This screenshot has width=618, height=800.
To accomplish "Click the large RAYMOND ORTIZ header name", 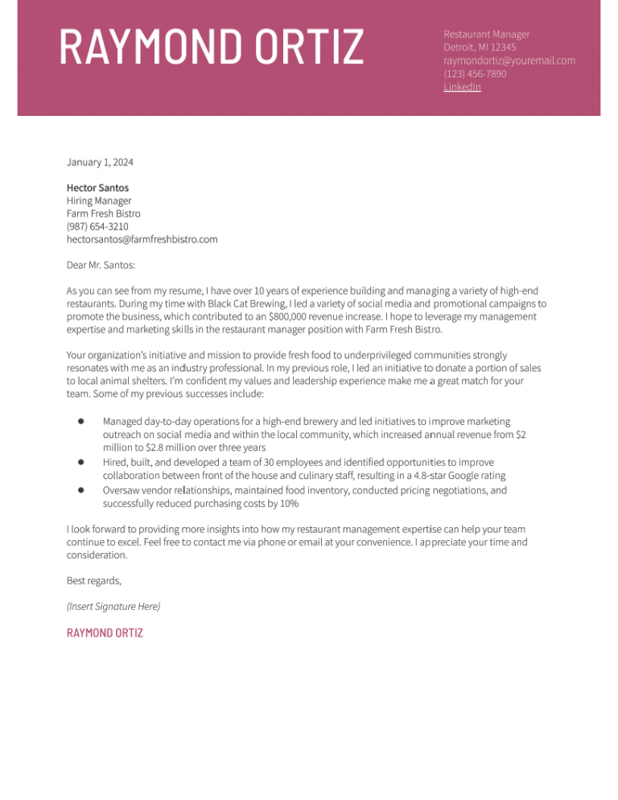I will (212, 47).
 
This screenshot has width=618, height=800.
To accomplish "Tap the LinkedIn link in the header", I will (462, 87).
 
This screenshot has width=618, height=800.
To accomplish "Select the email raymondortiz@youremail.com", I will (509, 60).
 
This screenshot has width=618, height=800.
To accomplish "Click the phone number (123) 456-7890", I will (475, 73).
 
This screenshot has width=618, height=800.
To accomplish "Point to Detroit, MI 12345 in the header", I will (480, 47).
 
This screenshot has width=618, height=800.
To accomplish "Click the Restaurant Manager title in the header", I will (486, 34).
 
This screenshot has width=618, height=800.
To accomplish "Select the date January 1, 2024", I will (100, 163).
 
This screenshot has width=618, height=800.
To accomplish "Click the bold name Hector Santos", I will (97, 188).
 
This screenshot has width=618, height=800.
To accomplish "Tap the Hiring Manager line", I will (98, 200).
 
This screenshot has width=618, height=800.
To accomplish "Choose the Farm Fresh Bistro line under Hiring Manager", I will (103, 213).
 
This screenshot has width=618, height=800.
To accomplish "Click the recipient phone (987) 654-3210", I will (97, 226).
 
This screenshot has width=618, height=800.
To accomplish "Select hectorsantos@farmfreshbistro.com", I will (142, 239).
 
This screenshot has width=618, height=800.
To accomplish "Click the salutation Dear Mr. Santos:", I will (101, 264).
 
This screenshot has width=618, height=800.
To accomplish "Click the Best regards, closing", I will (93, 580).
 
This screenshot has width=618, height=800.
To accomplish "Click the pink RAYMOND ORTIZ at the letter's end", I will (105, 633).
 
